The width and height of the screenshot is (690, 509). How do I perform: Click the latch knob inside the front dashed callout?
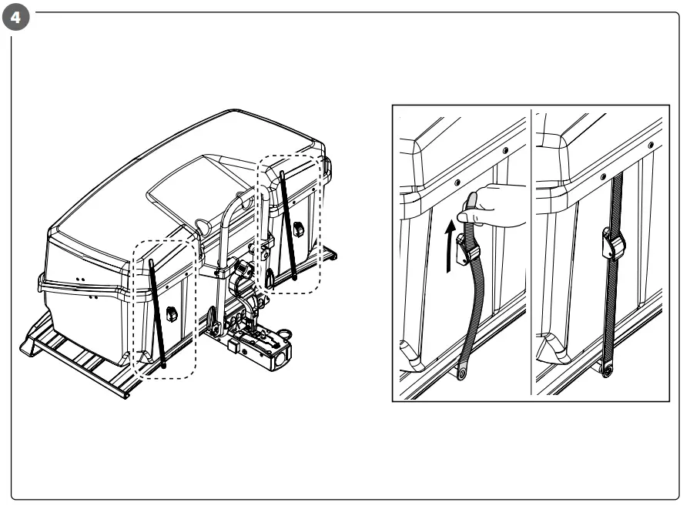171,314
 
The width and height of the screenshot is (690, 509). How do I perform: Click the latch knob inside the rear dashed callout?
299,228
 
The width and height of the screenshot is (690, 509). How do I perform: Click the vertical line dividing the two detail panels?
531,253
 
